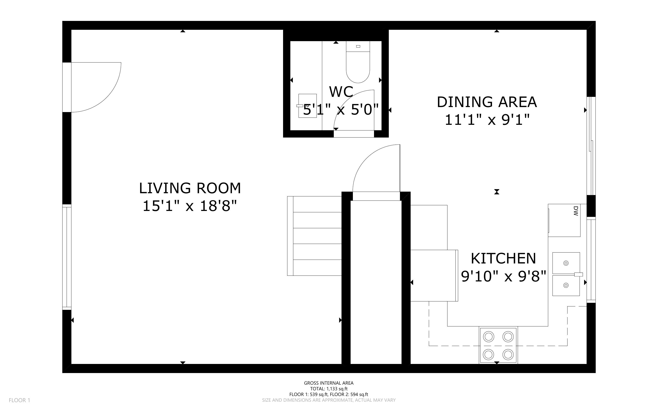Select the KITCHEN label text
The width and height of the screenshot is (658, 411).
pyautogui.click(x=503, y=258)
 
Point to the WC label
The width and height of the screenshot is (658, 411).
pyautogui.click(x=341, y=92)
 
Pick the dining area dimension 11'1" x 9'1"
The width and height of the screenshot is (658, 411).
pyautogui.click(x=487, y=120)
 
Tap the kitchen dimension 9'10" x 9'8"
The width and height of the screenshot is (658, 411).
pyautogui.click(x=504, y=276)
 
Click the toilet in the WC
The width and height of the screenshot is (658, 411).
pyautogui.click(x=358, y=62)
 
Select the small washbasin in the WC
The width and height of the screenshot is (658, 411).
pyautogui.click(x=307, y=106)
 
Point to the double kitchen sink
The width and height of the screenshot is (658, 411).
pyautogui.click(x=566, y=274)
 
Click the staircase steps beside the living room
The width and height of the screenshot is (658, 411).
pyautogui.click(x=314, y=236)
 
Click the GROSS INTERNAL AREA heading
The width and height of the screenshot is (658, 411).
pyautogui.click(x=329, y=383)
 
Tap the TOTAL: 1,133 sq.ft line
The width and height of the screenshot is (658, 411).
pyautogui.click(x=329, y=389)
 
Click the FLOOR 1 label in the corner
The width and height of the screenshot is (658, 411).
pyautogui.click(x=20, y=400)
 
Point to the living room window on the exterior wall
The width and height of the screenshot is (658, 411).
pyautogui.click(x=67, y=257)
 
